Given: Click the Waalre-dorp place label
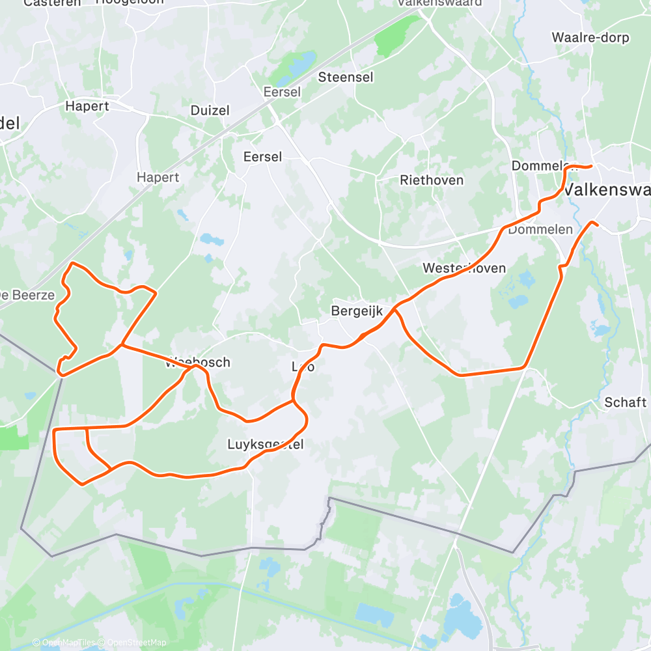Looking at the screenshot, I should pos(590,37).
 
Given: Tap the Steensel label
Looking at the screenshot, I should pos(346,77).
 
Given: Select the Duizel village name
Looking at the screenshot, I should pos(210,110).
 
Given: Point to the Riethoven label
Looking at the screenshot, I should pos(432,180).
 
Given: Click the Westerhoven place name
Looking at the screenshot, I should pos(464,268).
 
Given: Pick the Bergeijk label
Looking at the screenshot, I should pos(357,311).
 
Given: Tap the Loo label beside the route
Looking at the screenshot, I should pos(303,367).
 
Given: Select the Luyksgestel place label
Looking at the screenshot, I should pos(266,445).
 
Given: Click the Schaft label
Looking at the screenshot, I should pos(625,402).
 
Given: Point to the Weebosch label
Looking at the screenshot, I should pos(198,362).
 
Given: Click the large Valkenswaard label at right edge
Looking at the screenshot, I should pos(605,189).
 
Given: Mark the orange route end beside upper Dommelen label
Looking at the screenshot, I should pos(590,166).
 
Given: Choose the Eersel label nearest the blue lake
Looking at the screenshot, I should pos(281,92).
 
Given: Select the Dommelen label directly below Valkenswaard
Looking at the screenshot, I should pos(540,229).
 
